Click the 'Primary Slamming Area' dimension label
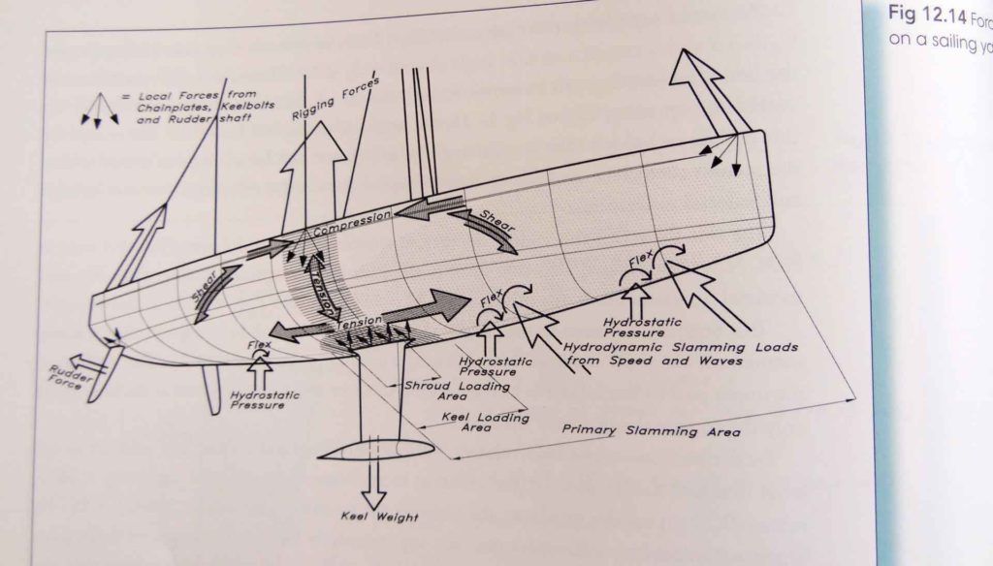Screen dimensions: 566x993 coord(652,429)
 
